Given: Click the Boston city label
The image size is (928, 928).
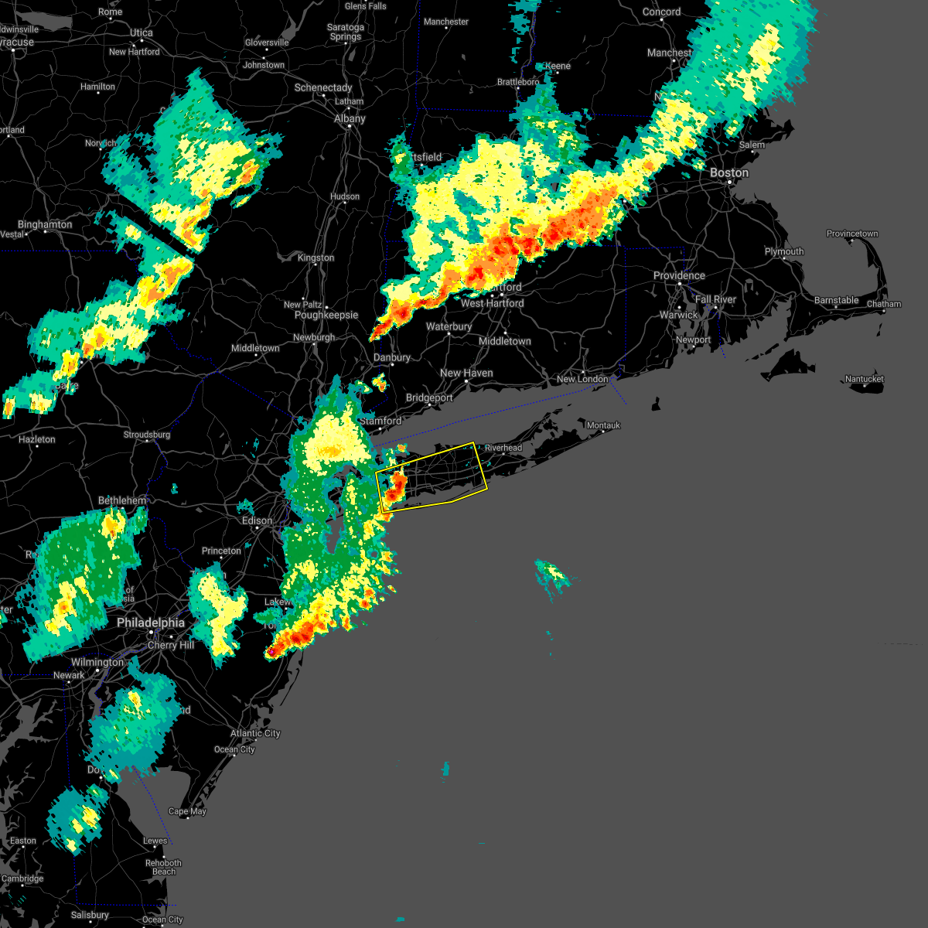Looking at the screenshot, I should click(729, 172).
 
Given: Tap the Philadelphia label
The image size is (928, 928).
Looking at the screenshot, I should click(151, 623).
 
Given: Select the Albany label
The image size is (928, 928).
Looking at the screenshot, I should click(350, 118).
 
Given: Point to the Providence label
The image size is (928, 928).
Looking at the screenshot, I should click(679, 275).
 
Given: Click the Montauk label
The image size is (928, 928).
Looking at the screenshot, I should click(603, 425).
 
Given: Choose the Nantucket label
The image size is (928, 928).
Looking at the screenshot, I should click(864, 379).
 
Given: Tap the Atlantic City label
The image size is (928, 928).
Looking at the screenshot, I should click(255, 733).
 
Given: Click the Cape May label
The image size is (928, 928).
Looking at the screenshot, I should click(187, 811).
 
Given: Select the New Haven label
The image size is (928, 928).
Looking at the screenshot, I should click(466, 373).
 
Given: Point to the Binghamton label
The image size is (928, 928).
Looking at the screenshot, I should click(45, 224).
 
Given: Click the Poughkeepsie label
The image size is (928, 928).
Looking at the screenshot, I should click(326, 315).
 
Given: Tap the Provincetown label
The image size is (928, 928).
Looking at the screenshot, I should click(852, 234).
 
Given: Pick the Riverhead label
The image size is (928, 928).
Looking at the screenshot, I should click(503, 448).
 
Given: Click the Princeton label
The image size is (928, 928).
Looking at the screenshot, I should click(221, 551).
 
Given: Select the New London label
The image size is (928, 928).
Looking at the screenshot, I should click(582, 379).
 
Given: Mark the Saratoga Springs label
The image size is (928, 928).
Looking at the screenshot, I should click(346, 32).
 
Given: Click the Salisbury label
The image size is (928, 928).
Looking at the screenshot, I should click(90, 915).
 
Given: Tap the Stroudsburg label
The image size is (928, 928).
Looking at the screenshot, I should click(147, 435).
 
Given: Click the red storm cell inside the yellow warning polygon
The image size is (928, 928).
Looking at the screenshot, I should click(396, 487).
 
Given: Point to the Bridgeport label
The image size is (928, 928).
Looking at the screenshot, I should click(429, 397).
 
